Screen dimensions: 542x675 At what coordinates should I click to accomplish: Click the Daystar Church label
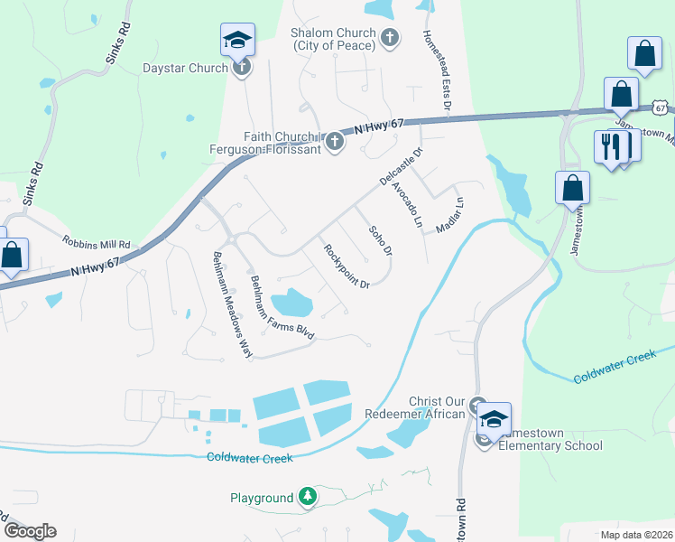[185, 67]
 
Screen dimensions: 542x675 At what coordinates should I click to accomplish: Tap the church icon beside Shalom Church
[390, 37]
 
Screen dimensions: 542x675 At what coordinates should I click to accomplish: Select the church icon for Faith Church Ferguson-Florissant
[335, 141]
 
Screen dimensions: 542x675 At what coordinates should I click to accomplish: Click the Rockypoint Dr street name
[347, 266]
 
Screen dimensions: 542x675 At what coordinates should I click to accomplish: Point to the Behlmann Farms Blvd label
[282, 306]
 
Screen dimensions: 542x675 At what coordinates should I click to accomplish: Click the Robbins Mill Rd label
[97, 244]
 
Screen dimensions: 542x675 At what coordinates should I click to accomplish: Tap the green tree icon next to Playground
[308, 497]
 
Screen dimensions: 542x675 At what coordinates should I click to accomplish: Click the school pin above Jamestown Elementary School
[494, 418]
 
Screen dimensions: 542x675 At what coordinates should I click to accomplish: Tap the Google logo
[29, 531]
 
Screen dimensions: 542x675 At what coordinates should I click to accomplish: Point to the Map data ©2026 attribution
[635, 535]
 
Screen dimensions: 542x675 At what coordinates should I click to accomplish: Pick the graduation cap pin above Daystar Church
[237, 40]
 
